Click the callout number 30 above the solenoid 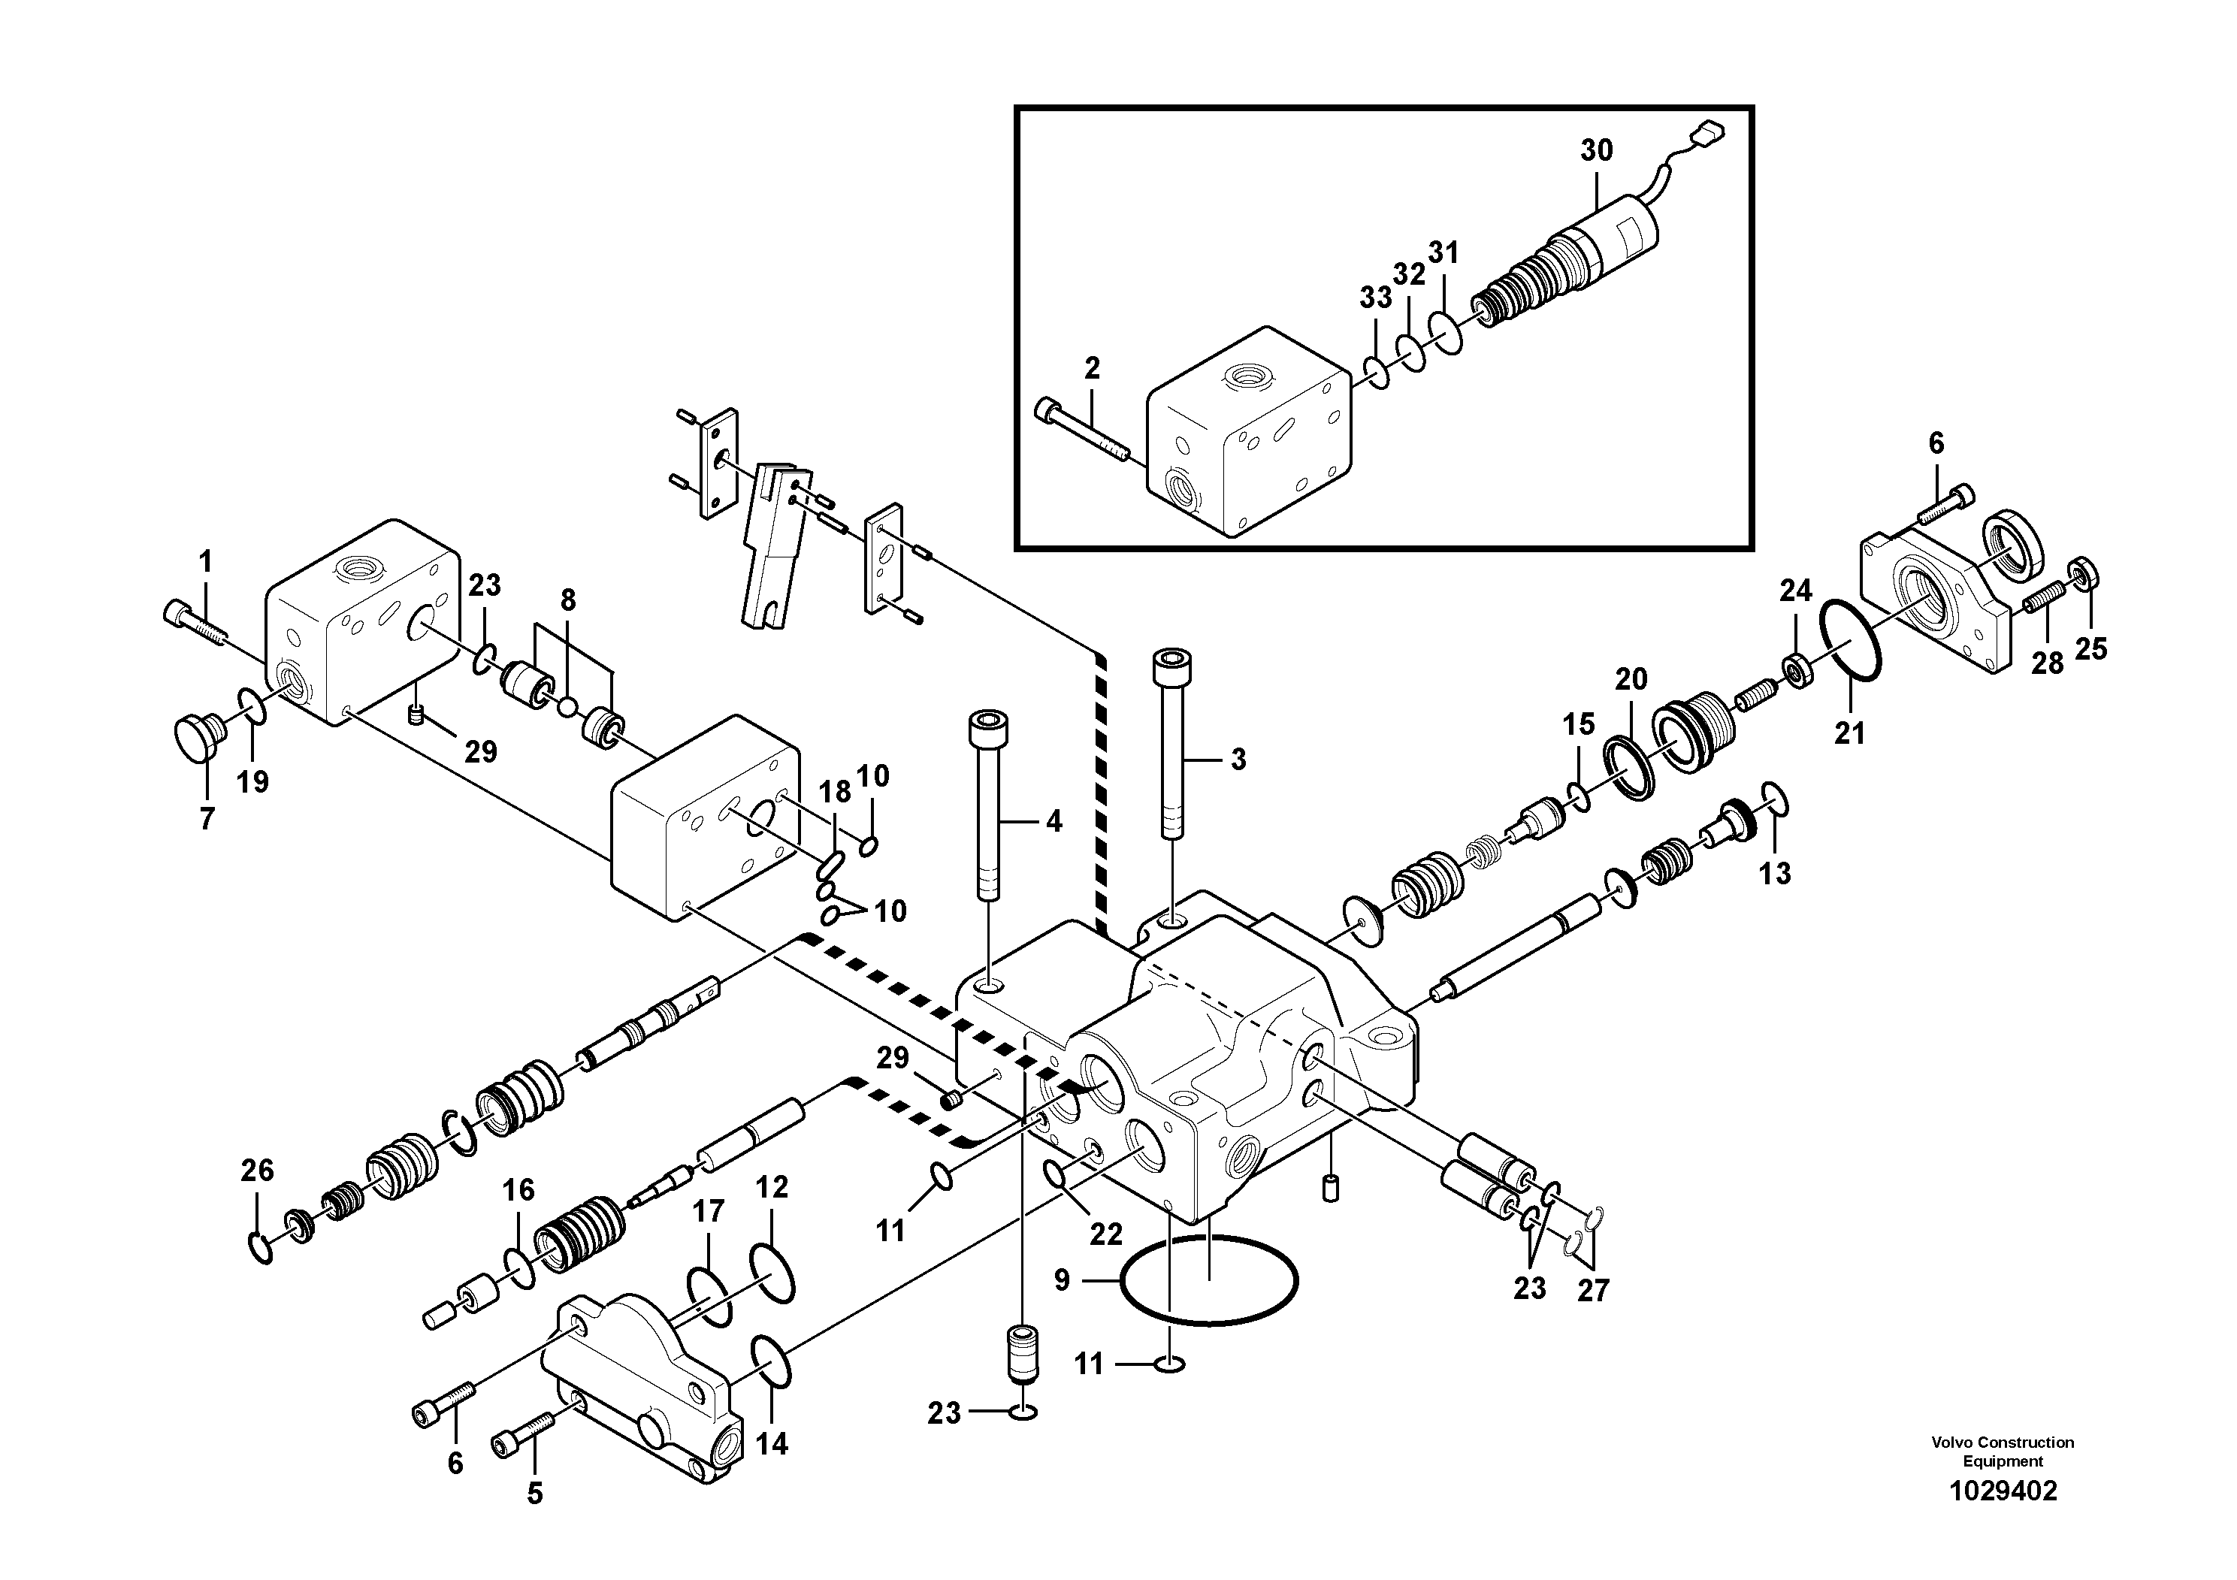click(x=1596, y=151)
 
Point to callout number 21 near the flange click(x=1849, y=733)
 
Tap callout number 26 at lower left click(x=257, y=1170)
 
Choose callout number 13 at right click(x=1774, y=873)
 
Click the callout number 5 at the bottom click(x=534, y=1494)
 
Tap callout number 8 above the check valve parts click(x=567, y=600)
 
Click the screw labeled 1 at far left click(x=195, y=624)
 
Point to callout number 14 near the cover click(x=771, y=1443)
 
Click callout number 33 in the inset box click(x=1375, y=297)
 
